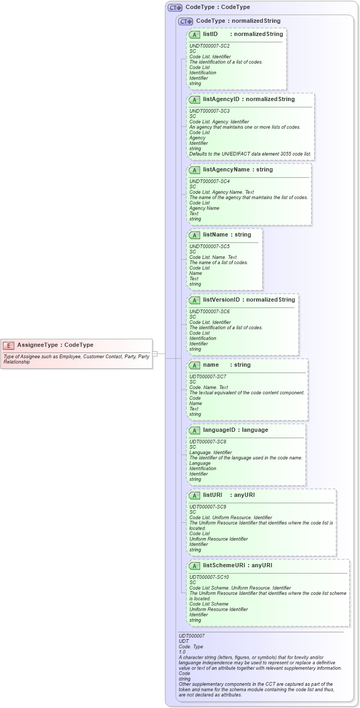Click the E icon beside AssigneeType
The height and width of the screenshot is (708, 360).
click(9, 345)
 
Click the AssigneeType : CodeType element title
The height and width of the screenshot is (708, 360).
click(55, 345)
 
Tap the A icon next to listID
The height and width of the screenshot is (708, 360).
click(194, 34)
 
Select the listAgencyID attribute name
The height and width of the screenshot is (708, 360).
click(221, 99)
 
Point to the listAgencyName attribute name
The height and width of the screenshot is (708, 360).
click(226, 169)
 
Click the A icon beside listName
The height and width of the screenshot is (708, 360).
click(194, 235)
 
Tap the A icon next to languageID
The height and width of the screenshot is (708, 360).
click(194, 430)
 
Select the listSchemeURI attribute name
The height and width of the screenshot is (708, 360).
click(225, 565)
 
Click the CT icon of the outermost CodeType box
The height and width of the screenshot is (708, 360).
click(175, 7)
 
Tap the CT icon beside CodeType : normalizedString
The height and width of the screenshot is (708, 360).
click(185, 21)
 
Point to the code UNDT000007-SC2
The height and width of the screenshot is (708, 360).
click(209, 46)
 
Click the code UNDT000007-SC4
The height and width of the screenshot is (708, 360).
click(209, 181)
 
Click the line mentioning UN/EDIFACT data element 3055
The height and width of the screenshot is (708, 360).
click(250, 154)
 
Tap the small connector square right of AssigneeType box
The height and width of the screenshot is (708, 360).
click(155, 353)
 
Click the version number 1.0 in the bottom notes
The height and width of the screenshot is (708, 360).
click(182, 652)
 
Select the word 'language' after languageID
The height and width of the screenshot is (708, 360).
click(255, 430)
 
